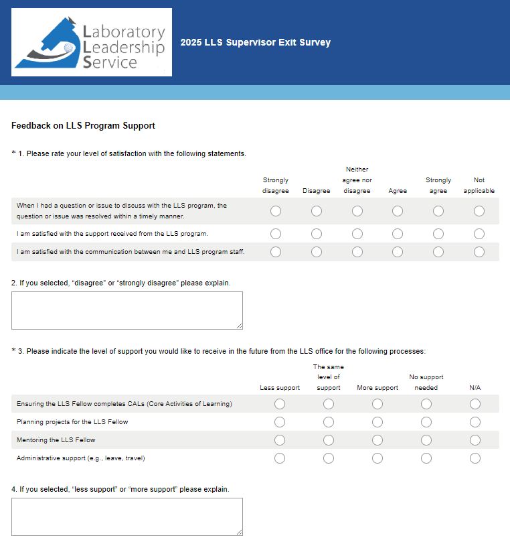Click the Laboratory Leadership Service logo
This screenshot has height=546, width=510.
[92, 42]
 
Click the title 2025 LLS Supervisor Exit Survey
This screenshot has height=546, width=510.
[255, 43]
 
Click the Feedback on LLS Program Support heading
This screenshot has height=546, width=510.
[83, 125]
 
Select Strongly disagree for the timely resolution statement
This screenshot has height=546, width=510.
[276, 211]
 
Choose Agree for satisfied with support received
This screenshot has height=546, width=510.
[398, 234]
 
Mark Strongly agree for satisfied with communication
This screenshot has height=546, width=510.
[438, 252]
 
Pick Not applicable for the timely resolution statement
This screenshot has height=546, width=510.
[479, 211]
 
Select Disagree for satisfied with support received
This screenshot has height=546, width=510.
[317, 234]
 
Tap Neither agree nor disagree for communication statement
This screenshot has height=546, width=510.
[357, 252]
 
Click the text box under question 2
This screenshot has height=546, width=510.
[126, 310]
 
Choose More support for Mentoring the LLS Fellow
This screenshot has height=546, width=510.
[377, 440]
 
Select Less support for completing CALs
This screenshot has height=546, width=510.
[280, 404]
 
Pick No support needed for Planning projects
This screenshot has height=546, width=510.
[426, 422]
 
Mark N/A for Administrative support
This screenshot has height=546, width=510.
[475, 458]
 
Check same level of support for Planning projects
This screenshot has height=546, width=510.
[329, 422]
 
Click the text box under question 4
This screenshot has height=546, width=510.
[126, 517]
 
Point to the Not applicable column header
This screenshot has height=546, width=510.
[479, 185]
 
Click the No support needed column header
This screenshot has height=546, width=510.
[426, 382]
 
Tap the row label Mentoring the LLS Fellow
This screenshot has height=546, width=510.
[56, 440]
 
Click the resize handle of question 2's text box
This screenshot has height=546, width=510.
[239, 326]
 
